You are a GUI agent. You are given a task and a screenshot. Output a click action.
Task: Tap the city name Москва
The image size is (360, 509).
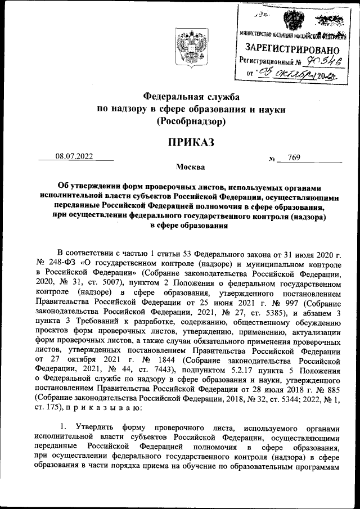pos(191,166)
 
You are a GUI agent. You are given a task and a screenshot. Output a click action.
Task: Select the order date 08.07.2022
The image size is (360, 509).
pos(75,157)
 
